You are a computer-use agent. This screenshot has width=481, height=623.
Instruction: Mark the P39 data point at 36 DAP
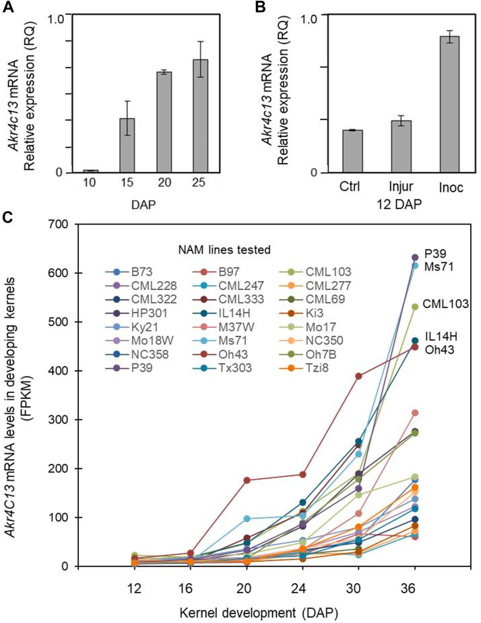[x=415, y=258]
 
